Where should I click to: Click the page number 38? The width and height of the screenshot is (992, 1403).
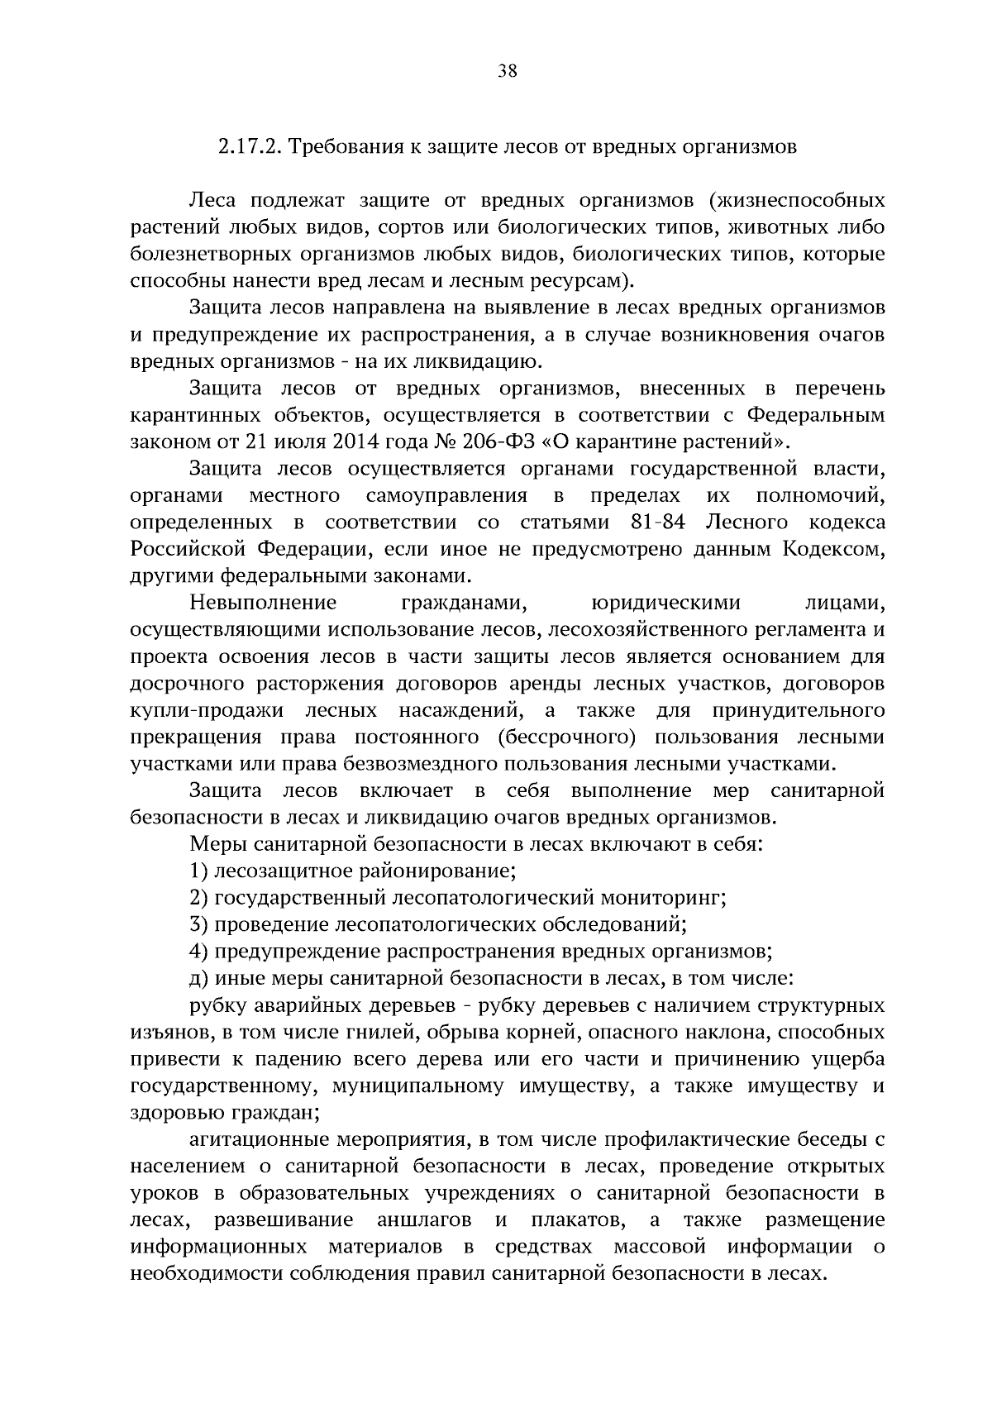(x=508, y=72)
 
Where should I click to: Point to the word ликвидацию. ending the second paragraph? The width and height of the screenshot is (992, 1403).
(x=494, y=362)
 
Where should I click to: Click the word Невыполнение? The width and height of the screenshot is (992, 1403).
(x=263, y=604)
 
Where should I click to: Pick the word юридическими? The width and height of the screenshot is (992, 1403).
(x=667, y=604)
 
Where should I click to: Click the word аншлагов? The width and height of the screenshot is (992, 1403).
(x=424, y=1220)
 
